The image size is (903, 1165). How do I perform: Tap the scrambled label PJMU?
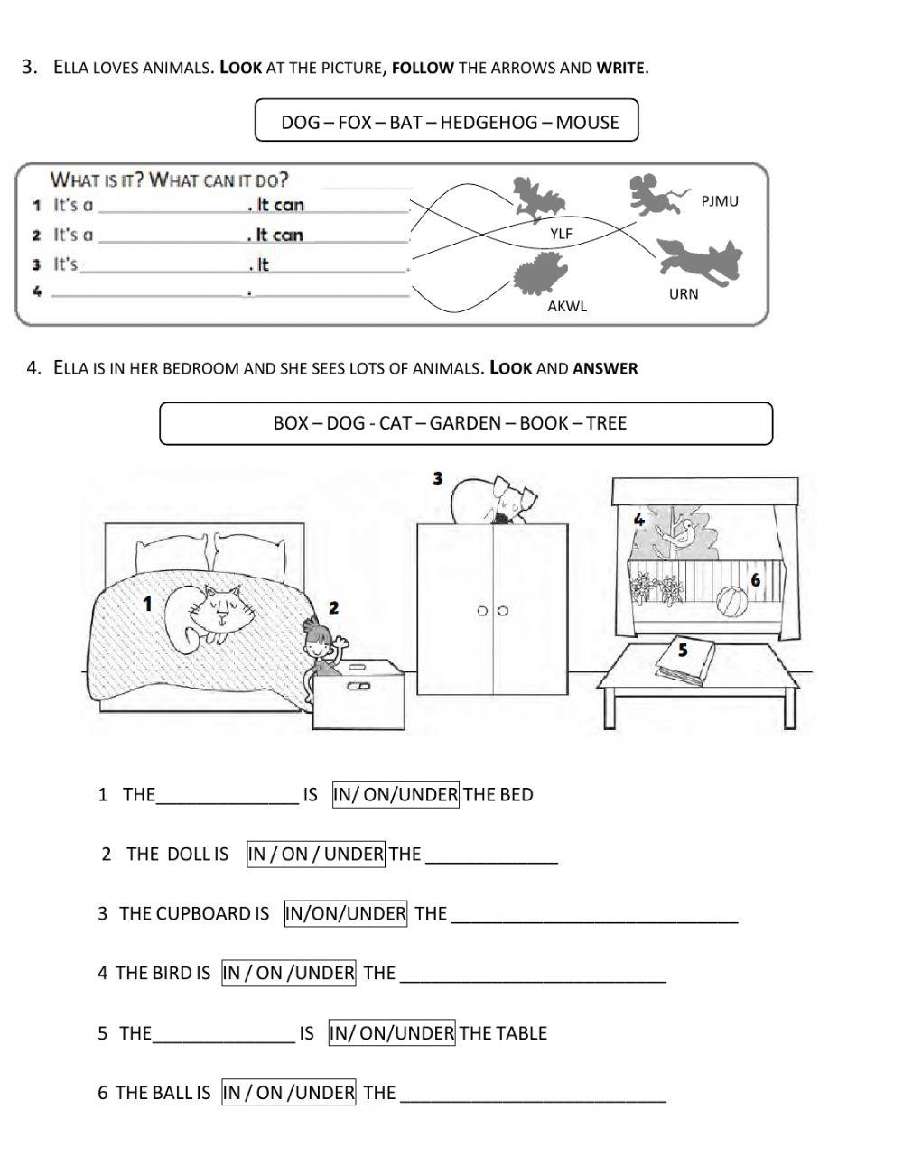coord(720,201)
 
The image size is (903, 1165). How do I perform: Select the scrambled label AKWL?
coord(567,306)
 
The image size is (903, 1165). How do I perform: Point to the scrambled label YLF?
coord(562,234)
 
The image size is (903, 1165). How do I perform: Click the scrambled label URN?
coord(684,294)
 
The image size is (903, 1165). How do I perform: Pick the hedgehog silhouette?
coord(540,274)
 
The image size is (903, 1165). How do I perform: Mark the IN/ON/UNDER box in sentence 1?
coord(396,795)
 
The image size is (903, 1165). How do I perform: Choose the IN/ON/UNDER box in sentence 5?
coord(392,1033)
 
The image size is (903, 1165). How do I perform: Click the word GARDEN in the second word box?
coord(465,423)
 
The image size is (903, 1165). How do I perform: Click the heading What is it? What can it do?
coord(169,180)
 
